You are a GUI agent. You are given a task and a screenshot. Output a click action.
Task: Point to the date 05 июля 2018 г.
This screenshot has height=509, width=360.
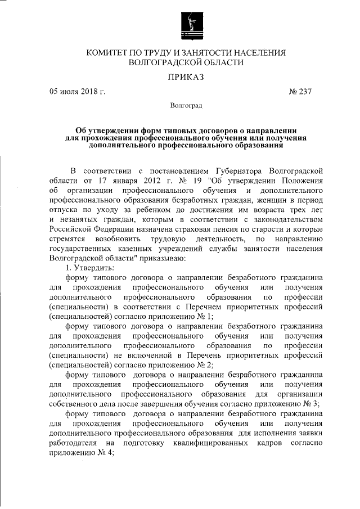click(x=77, y=91)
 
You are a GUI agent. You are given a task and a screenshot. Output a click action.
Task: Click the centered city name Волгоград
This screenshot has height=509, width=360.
click(x=186, y=105)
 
